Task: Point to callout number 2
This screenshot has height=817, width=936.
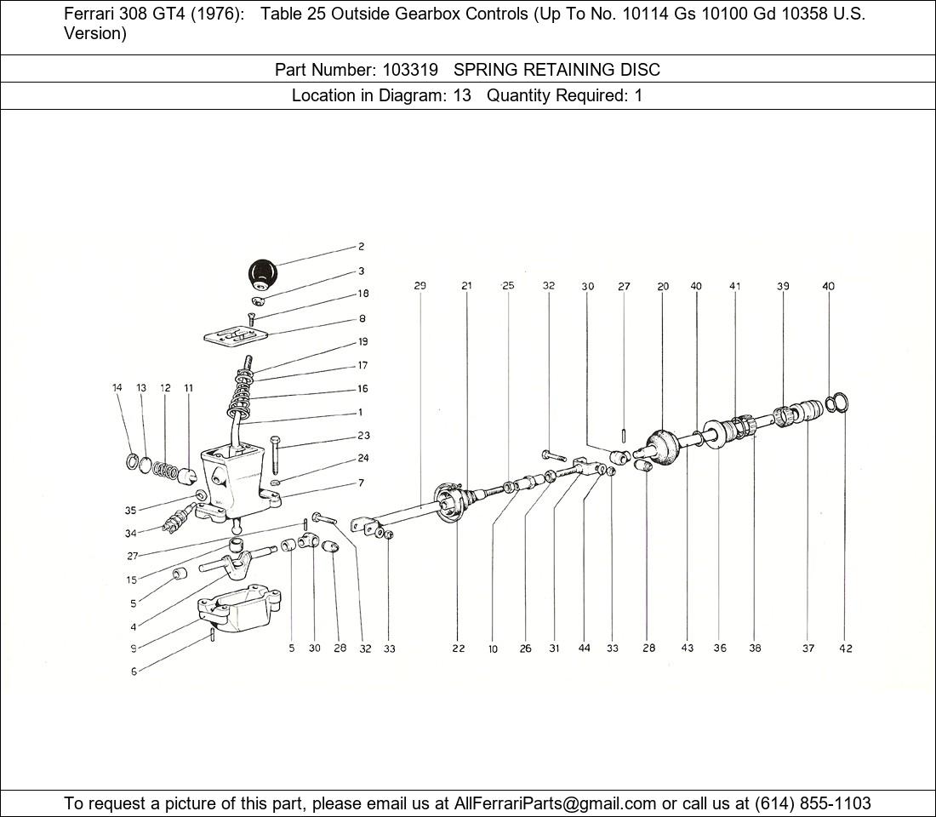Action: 361,247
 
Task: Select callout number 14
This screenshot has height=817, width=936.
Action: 117,387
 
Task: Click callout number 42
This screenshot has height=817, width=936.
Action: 845,648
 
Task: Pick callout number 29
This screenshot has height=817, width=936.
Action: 420,285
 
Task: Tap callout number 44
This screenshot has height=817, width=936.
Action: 584,648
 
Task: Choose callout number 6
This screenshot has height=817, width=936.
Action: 134,671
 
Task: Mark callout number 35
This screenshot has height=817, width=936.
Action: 130,510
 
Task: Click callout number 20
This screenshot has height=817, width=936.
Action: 663,286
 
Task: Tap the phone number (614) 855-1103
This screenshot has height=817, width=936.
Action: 813,803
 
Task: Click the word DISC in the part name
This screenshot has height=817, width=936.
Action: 641,70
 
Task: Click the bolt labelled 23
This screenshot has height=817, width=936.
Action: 274,455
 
